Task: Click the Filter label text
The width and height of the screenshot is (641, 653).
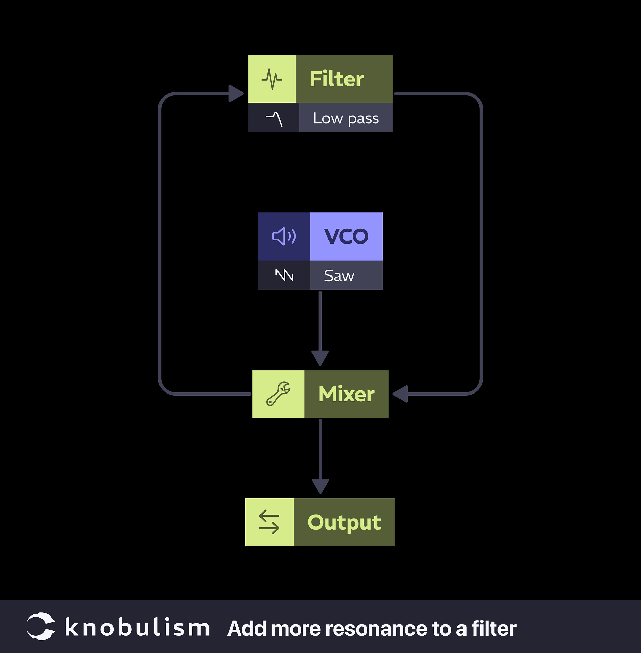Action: coord(336,79)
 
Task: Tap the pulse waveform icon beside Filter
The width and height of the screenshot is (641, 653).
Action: coord(271,79)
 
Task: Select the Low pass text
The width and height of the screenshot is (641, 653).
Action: coord(345,118)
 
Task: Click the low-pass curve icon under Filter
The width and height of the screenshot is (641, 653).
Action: coord(274,119)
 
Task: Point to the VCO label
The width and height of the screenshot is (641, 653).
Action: coord(346,236)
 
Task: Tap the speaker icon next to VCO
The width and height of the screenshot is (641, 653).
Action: coord(284,236)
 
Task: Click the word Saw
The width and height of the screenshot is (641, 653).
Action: coord(339,275)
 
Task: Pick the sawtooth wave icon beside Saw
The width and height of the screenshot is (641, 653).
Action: coord(284,275)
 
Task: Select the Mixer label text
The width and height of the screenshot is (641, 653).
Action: coord(346,394)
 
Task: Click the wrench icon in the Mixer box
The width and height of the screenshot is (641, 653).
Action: coord(278,394)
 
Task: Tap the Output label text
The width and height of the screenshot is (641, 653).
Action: coord(344,522)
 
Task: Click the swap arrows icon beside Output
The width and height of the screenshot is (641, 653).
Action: coord(269,522)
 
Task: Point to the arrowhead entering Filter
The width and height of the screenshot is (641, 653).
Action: coord(236,94)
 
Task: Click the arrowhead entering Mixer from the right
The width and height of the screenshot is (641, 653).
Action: coord(401,394)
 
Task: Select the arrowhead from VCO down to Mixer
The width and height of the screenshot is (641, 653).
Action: coord(320,358)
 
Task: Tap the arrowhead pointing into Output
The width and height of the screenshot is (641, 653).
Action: coord(320,486)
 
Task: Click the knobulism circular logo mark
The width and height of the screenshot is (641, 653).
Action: coord(41,626)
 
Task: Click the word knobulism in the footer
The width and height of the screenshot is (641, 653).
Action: coord(137,627)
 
